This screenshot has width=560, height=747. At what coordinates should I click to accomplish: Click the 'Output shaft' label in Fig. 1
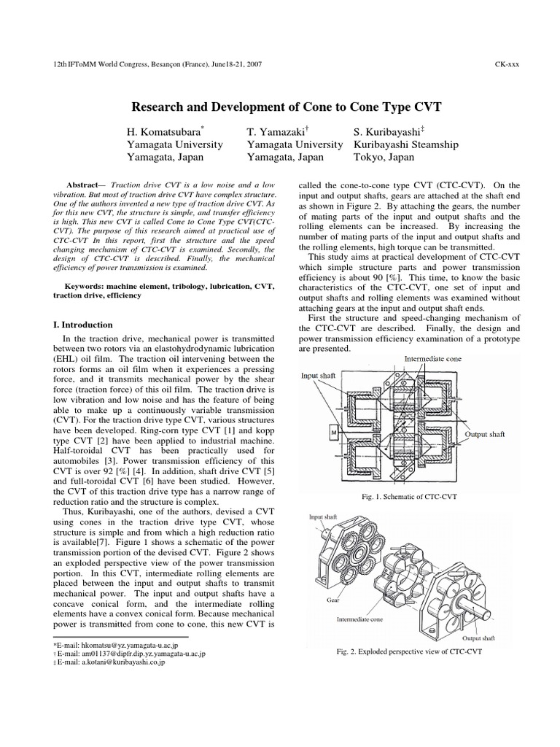(486, 434)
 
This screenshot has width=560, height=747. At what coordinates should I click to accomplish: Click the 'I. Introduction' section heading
(83, 324)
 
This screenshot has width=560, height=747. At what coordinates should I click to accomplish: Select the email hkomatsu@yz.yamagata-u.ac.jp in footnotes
(123, 646)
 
